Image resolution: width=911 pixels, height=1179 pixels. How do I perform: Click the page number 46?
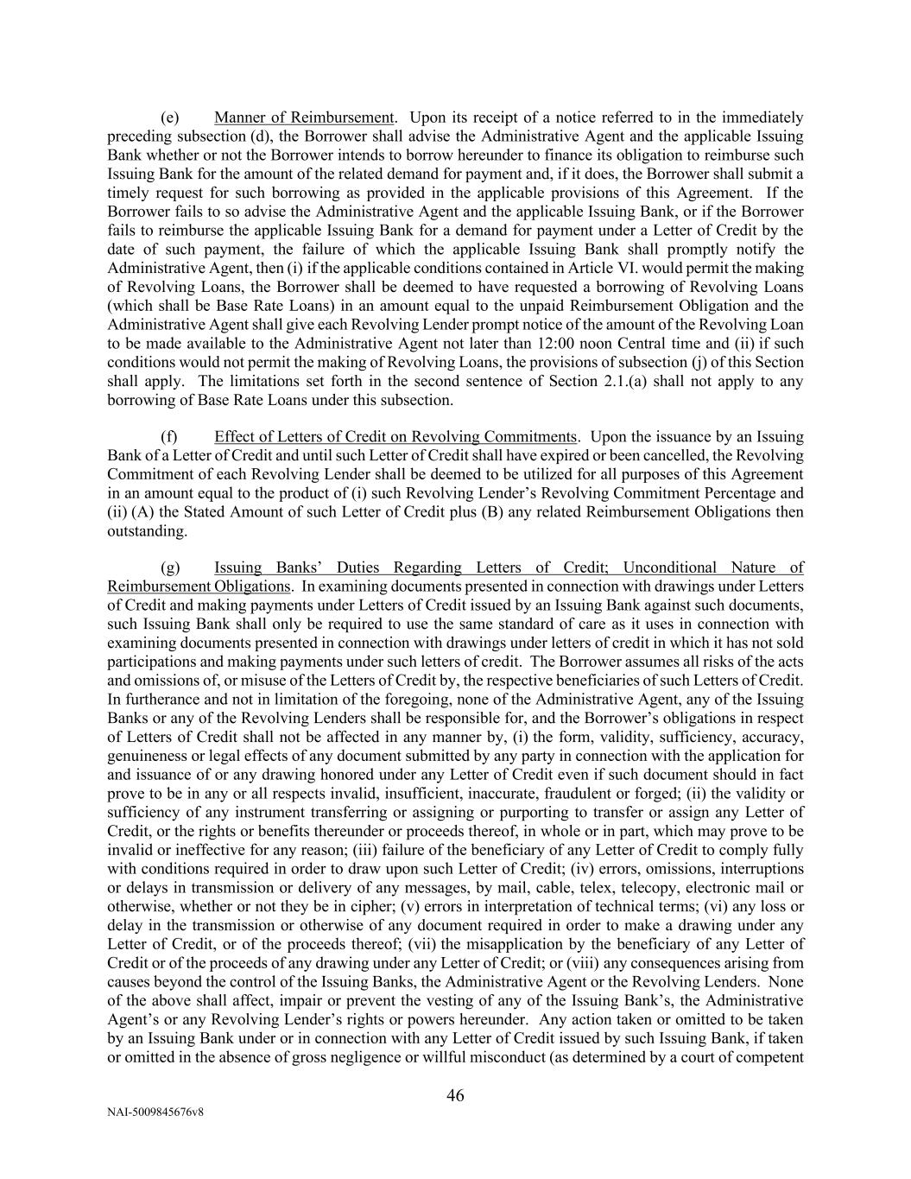455,1096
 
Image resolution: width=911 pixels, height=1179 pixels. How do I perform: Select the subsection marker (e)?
170,117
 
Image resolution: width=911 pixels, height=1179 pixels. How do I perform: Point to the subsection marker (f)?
169,437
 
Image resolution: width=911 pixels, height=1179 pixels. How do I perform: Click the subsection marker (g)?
170,568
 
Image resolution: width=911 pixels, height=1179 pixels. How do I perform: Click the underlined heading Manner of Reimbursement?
304,117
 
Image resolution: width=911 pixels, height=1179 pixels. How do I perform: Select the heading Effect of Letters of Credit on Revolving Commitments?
395,437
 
